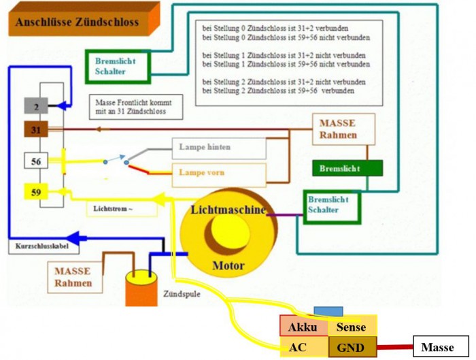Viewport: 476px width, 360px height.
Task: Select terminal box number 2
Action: [35, 105]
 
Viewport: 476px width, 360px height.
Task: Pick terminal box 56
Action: [35, 161]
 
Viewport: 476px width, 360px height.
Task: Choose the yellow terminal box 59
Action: [35, 193]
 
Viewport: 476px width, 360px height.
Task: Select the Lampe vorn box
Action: [218, 173]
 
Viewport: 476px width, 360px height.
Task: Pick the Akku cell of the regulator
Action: [303, 327]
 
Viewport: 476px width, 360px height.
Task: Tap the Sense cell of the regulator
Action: [351, 327]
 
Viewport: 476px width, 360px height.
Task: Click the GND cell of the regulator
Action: [351, 348]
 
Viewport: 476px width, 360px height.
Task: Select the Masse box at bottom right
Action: [437, 347]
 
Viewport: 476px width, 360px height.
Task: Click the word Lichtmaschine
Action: [228, 210]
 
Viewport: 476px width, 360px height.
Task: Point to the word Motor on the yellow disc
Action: [228, 265]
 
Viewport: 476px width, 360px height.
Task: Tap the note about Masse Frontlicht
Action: [135, 106]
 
